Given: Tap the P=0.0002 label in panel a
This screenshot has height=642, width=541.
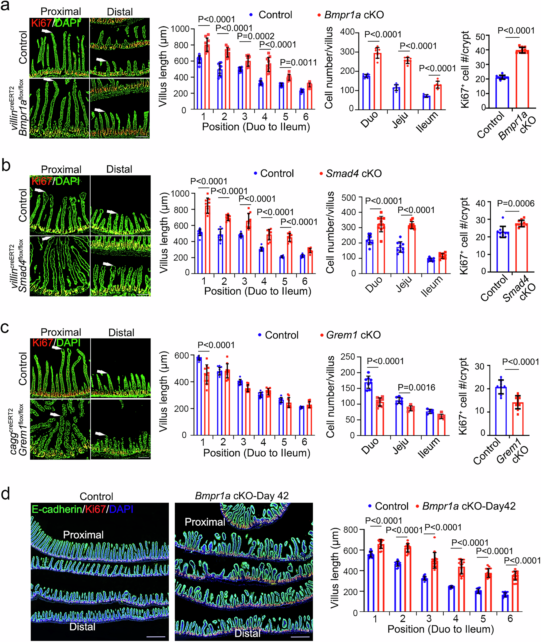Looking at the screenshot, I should pyautogui.click(x=255, y=37).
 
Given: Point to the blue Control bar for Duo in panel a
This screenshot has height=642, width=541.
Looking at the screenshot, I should pyautogui.click(x=366, y=92).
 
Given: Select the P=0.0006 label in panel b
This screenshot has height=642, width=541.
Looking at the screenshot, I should pyautogui.click(x=516, y=203).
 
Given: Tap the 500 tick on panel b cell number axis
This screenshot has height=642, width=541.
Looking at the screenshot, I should pyautogui.click(x=349, y=198).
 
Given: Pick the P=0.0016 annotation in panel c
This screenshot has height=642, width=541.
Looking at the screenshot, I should pyautogui.click(x=417, y=387).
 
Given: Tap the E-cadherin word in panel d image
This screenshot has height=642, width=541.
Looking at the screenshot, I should pyautogui.click(x=57, y=509).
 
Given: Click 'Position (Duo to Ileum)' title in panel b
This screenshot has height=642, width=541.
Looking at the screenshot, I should pyautogui.click(x=258, y=291).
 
